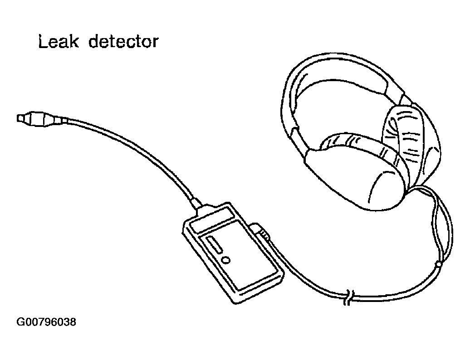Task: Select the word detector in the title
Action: tap(123, 42)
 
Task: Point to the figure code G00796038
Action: tap(46, 322)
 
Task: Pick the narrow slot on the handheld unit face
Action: tap(215, 245)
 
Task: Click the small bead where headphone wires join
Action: tap(438, 263)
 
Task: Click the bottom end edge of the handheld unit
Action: tap(259, 290)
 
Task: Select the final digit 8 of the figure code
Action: tap(73, 322)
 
